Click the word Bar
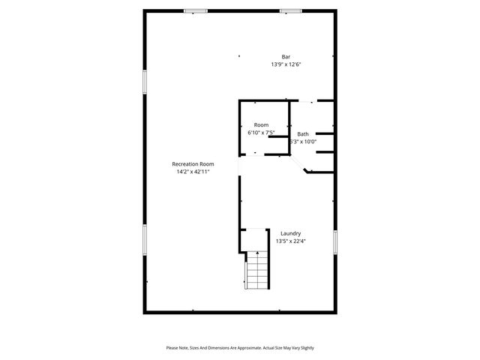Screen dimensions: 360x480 [x=286, y=57]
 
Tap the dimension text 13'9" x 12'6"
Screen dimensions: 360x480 [x=286, y=64]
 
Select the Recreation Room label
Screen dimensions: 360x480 [x=193, y=164]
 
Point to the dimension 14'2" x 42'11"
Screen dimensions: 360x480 [x=193, y=172]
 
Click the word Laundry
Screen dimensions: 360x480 [x=291, y=233]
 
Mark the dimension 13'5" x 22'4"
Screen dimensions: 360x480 [x=291, y=241]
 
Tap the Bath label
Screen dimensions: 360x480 [x=302, y=133]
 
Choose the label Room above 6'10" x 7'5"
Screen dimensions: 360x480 [x=261, y=124]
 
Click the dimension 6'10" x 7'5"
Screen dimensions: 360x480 [x=261, y=133]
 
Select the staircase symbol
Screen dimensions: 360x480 [x=256, y=270]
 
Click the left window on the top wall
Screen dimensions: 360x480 [x=196, y=10]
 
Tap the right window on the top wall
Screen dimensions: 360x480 [x=290, y=10]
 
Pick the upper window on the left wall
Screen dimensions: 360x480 [x=145, y=82]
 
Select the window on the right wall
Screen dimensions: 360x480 [x=335, y=241]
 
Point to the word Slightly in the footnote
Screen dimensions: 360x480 [x=305, y=348]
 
